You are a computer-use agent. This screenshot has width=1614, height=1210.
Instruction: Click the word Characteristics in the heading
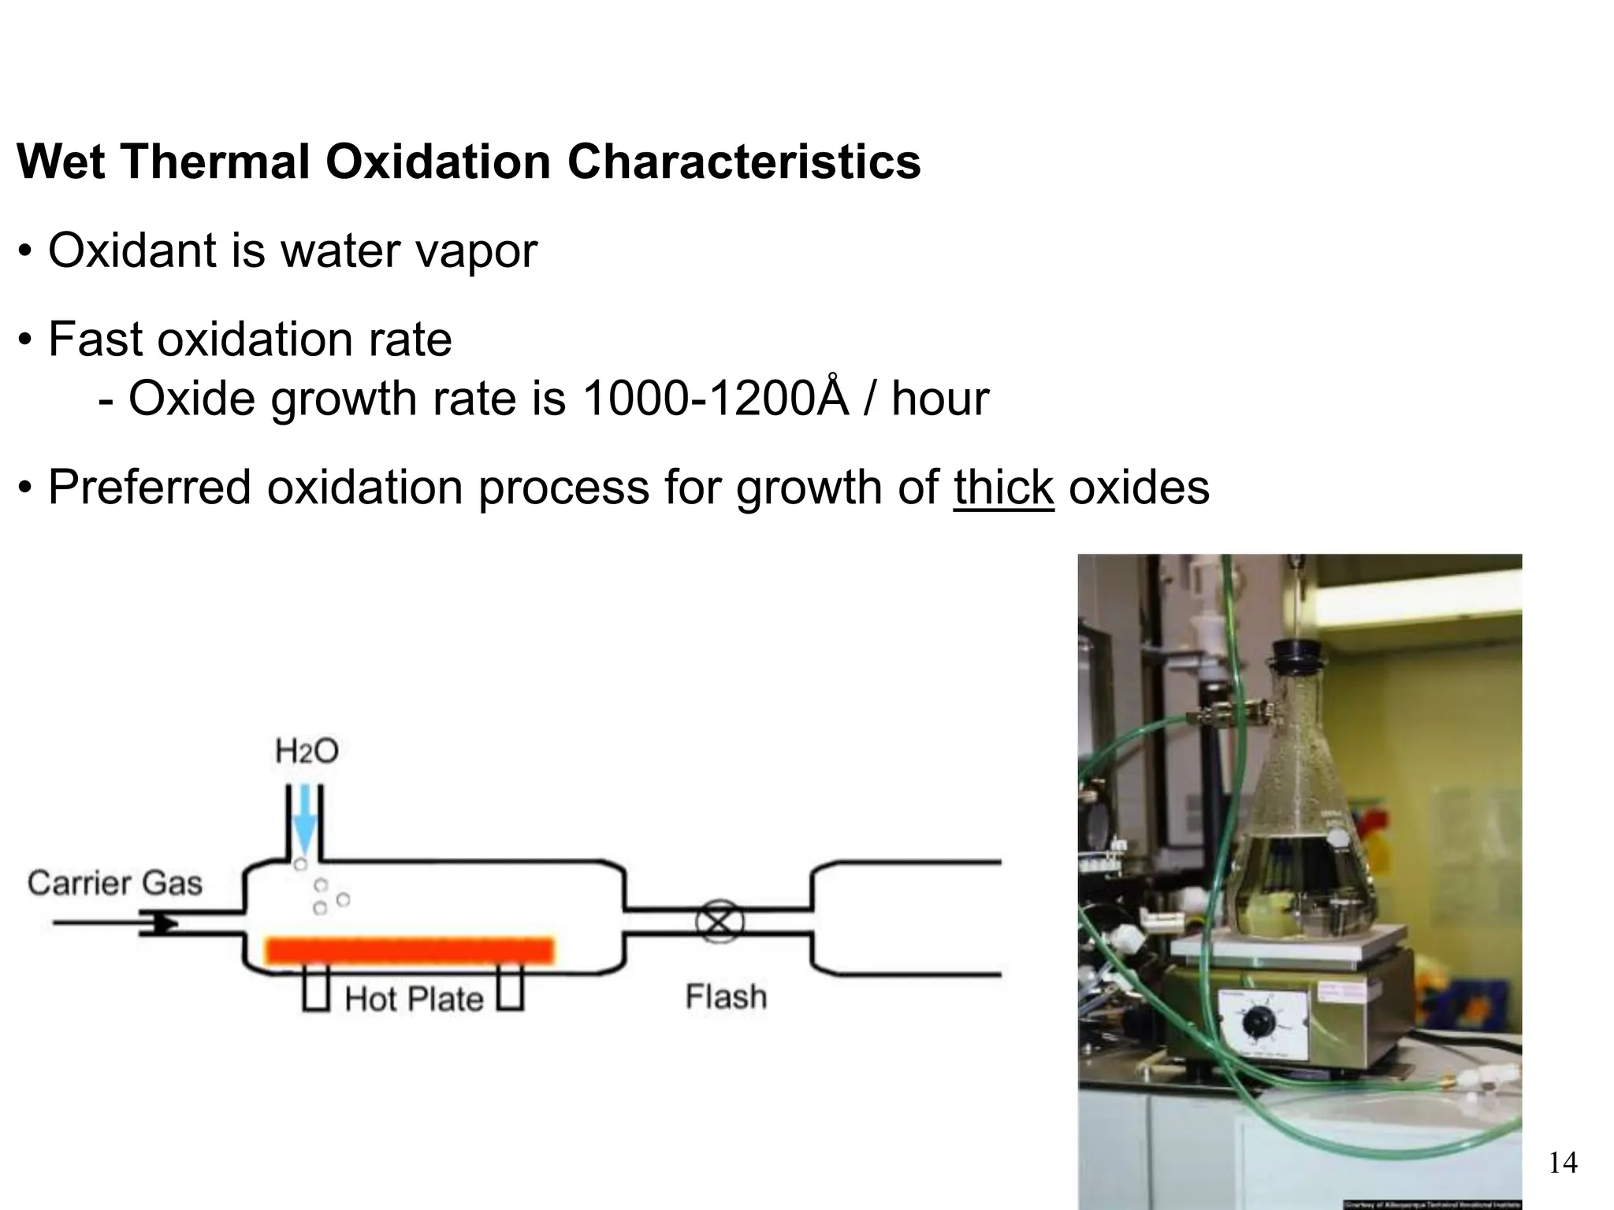point(743,162)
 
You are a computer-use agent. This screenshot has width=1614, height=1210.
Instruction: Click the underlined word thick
point(1003,488)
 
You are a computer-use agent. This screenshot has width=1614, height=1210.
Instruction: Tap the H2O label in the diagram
point(307,752)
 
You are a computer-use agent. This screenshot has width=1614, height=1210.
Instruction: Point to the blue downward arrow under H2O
point(304,826)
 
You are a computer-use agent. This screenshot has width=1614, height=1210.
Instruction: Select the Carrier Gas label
point(115,883)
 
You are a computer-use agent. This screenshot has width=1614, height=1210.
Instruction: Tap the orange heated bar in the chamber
point(410,951)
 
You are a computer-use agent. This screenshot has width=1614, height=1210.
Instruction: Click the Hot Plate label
point(415,1000)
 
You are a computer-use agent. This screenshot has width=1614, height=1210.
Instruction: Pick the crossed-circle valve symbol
point(719,922)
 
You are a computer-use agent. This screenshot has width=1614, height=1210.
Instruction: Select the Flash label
point(726,997)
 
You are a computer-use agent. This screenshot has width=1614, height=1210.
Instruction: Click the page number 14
point(1563,1163)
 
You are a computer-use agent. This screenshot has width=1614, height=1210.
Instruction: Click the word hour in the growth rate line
point(940,399)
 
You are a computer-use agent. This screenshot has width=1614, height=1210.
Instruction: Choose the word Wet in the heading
point(61,162)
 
